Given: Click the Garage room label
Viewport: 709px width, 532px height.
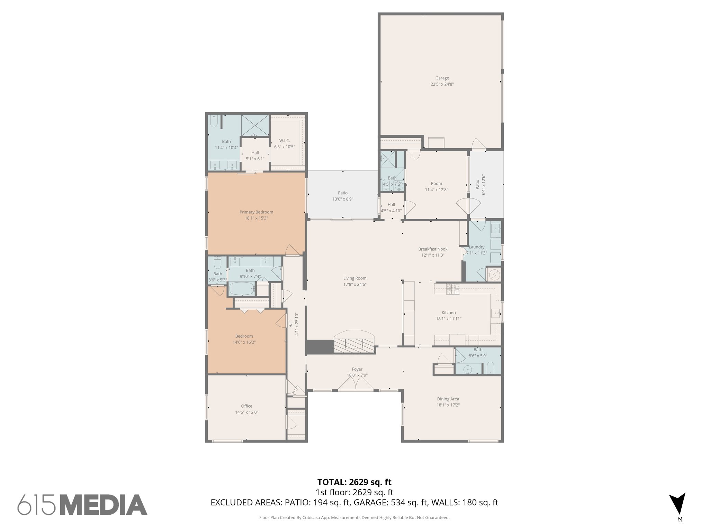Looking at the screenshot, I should tap(442, 78).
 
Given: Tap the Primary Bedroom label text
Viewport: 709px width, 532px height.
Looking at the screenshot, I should tap(256, 212).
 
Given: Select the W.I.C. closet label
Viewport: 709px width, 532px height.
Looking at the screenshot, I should tap(285, 141).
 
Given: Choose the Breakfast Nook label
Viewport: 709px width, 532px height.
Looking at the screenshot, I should tap(433, 249).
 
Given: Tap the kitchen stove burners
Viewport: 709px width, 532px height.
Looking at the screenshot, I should tap(453, 289).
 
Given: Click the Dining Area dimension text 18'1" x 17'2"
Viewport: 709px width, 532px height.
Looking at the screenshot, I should tap(448, 405).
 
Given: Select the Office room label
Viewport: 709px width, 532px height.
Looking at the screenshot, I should tap(246, 406).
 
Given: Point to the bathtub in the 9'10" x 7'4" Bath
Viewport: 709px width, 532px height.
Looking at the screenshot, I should tap(242, 289).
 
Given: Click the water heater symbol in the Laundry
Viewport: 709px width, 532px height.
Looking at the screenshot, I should tap(494, 275).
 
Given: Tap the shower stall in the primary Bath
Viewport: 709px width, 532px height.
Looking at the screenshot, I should tap(255, 125).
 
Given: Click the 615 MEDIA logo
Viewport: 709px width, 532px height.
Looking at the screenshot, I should tap(82, 505).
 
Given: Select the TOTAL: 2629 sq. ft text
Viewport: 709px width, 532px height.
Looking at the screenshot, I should tap(354, 482).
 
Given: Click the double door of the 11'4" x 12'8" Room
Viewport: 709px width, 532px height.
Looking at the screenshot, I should tap(468, 207).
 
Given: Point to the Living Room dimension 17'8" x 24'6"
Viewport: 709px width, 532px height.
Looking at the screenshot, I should tap(354, 284).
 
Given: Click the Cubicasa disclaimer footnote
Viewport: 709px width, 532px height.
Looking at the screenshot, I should tap(354, 518).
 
